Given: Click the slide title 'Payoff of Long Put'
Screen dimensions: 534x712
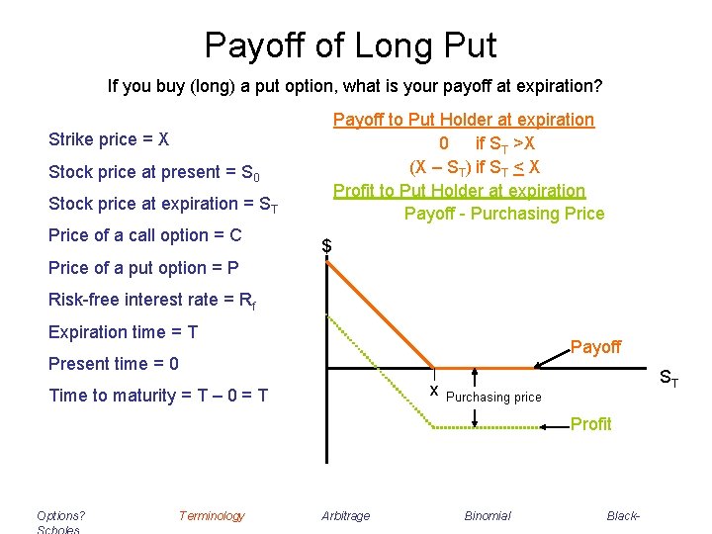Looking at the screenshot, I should [350, 44].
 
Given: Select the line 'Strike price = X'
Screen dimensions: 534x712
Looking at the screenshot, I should [109, 139].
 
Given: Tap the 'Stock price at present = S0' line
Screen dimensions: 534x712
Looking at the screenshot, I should [153, 172].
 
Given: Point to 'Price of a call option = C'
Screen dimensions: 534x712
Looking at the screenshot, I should [144, 235].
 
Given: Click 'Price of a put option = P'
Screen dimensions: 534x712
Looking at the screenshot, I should [143, 268].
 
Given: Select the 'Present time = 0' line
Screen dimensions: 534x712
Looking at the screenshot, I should [114, 364].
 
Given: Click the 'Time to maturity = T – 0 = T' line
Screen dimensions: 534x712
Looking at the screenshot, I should [158, 396].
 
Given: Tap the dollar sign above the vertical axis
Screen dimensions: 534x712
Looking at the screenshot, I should [327, 246].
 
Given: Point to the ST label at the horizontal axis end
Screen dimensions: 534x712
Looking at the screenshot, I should [668, 377].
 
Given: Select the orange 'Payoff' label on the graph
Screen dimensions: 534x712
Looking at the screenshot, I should [595, 347].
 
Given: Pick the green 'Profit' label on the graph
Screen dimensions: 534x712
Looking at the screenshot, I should [590, 424].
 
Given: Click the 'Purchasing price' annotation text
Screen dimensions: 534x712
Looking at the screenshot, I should [493, 398].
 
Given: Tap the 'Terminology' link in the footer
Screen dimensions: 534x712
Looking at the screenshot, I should [211, 515].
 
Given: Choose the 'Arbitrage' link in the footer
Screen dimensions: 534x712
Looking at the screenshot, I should [346, 515].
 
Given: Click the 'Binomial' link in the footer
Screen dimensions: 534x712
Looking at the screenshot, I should [488, 515].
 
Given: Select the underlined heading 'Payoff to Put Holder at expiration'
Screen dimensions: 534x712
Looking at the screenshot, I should [463, 120].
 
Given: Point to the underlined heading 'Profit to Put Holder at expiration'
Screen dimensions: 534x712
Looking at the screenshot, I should [459, 190].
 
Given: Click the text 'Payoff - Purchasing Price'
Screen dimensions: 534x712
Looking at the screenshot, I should [503, 213].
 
